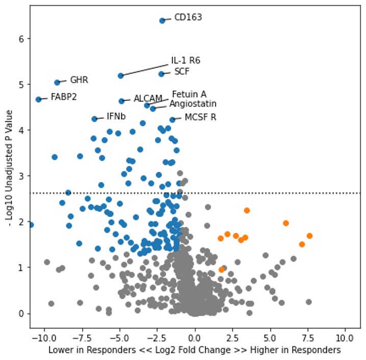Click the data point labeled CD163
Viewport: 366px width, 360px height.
[162, 20]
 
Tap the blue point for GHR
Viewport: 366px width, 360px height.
[57, 82]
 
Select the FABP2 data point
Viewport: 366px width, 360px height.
[38, 99]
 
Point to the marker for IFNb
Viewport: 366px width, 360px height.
[94, 119]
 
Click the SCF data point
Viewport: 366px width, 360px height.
[161, 74]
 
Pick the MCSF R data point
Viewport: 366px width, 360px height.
[172, 119]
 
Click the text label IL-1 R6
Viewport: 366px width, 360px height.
[186, 61]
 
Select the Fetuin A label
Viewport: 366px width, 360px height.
[189, 94]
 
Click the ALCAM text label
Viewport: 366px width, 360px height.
[148, 99]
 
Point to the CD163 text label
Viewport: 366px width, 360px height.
[188, 17]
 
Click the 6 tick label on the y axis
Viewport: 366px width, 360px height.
[22, 39]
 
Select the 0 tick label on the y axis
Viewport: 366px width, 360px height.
[22, 313]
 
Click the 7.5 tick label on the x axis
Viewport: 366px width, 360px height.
[308, 338]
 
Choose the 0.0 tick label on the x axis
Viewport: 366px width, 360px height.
[195, 338]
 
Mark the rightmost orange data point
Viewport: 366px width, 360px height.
[309, 236]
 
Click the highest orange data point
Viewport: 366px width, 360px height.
[247, 210]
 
